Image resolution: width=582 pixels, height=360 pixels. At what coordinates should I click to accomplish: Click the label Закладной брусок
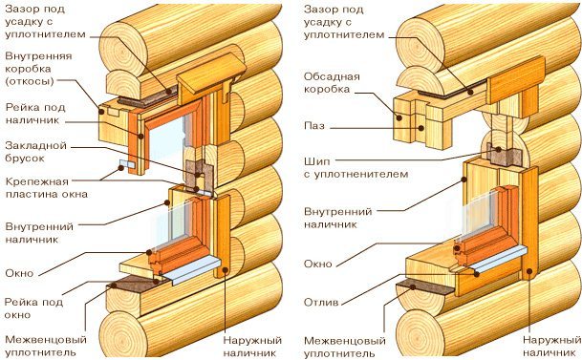click(35, 152)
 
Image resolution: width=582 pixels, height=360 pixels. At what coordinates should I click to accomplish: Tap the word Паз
click(314, 126)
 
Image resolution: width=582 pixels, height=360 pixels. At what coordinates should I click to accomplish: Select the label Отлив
click(321, 302)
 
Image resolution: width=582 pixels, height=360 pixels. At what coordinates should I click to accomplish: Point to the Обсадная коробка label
click(332, 83)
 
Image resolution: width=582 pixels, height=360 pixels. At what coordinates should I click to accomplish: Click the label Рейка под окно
click(33, 308)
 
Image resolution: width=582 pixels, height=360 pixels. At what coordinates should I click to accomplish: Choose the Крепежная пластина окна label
click(47, 188)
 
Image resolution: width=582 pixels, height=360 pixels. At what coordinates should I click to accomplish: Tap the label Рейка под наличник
click(35, 114)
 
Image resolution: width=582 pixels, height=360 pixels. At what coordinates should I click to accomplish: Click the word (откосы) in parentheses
click(30, 81)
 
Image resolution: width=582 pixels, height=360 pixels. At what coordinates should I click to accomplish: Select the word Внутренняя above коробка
click(38, 56)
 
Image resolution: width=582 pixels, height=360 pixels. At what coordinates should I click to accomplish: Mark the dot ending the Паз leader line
click(420, 128)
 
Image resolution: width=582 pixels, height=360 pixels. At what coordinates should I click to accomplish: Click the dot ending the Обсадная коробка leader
click(399, 118)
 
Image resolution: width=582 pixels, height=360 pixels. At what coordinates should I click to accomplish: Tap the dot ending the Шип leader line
click(499, 149)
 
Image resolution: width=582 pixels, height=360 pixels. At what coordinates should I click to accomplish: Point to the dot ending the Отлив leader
click(476, 274)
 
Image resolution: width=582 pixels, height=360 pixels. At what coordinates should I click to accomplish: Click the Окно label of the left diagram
click(19, 273)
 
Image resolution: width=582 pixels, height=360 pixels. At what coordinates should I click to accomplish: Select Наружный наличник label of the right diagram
click(552, 346)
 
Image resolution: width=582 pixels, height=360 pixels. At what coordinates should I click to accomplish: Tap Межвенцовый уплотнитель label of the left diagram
click(46, 346)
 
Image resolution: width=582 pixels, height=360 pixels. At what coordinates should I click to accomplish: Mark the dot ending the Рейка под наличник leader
click(140, 137)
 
